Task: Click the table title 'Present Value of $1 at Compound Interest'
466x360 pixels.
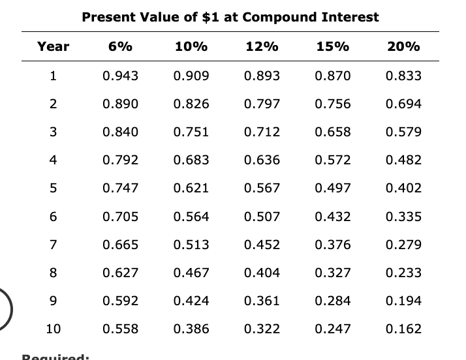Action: [x=230, y=18]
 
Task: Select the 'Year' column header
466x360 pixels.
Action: [x=53, y=47]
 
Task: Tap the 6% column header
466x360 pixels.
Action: [x=121, y=47]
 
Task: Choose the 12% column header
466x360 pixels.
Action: [x=262, y=47]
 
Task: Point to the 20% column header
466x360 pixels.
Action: [x=403, y=47]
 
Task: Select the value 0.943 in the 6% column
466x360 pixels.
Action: [x=121, y=76]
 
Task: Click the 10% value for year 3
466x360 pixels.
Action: [x=191, y=132]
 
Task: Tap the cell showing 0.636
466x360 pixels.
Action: [x=262, y=160]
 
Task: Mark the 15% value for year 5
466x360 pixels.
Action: [x=332, y=188]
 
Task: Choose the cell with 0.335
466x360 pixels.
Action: [x=403, y=217]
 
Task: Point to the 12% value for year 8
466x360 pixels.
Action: [x=262, y=273]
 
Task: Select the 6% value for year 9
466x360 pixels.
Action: [x=121, y=301]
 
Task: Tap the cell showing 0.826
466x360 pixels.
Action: [x=191, y=104]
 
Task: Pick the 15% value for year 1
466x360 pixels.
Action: [x=332, y=76]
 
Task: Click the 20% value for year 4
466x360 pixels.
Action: [x=403, y=160]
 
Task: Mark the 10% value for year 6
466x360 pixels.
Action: [x=191, y=217]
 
